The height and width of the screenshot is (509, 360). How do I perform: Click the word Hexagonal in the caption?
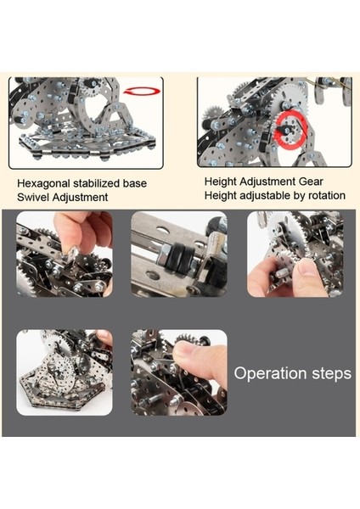(x=43, y=184)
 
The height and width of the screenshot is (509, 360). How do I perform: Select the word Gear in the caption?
(x=311, y=182)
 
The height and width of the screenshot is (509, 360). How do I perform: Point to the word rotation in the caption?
(x=327, y=195)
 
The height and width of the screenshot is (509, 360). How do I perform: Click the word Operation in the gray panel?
(x=271, y=373)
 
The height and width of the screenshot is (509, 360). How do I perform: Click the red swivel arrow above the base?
(x=142, y=92)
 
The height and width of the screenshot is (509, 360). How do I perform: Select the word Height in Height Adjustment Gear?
(x=220, y=182)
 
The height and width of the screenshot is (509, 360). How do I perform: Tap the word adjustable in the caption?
(x=268, y=195)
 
